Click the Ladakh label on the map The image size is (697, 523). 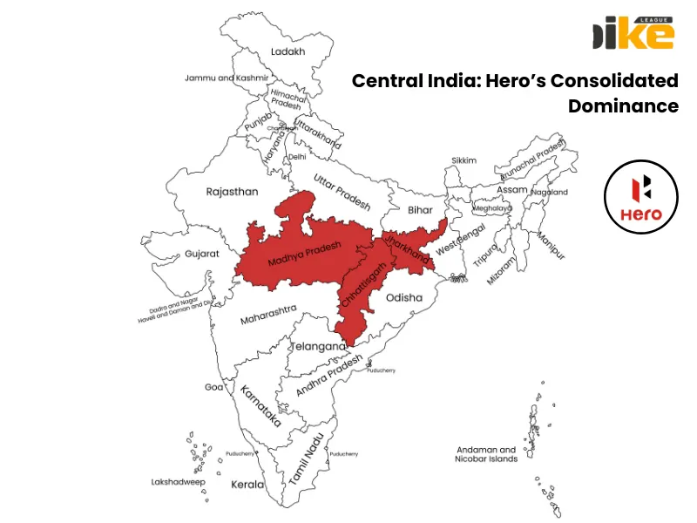(x=288, y=51)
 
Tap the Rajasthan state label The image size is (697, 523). (x=232, y=192)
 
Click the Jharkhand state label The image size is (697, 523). (x=407, y=246)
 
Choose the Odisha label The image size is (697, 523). (x=404, y=297)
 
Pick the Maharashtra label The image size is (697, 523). (x=268, y=314)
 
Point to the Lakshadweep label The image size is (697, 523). (x=178, y=481)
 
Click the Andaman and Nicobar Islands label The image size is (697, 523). (x=486, y=454)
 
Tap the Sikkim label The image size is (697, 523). (x=464, y=160)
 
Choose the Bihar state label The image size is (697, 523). (x=420, y=210)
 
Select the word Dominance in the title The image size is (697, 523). (x=623, y=106)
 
